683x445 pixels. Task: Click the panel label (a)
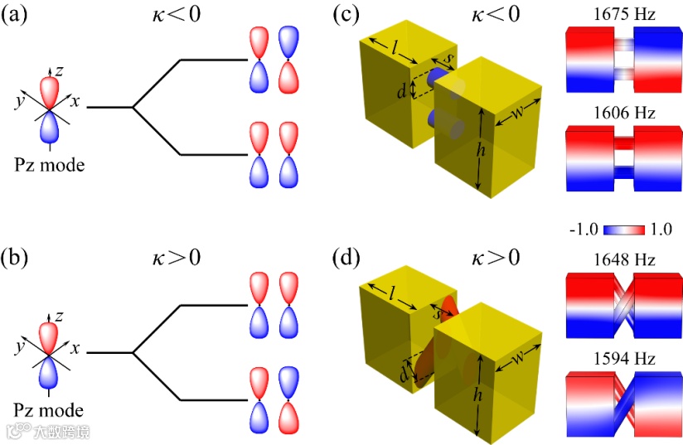point(17,16)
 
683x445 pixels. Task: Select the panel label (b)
point(18,258)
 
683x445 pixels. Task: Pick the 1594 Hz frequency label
point(623,358)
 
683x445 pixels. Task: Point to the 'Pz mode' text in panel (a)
point(50,166)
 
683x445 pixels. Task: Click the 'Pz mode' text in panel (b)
point(50,409)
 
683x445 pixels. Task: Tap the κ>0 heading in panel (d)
point(497,258)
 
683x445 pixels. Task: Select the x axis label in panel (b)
point(75,348)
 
